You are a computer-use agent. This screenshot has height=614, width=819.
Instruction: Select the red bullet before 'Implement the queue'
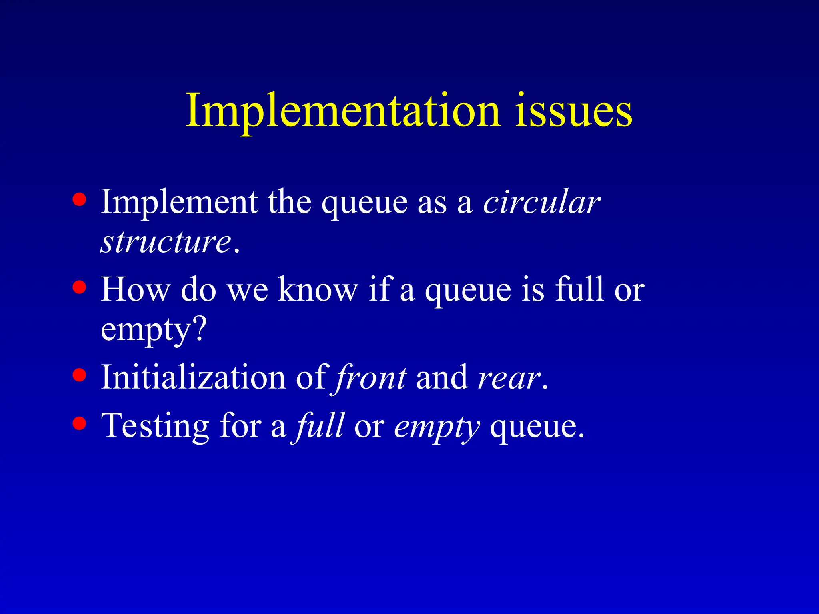[x=80, y=199]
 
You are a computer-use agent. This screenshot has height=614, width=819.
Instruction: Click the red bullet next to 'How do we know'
[x=80, y=287]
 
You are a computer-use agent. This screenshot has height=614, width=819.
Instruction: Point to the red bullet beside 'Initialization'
[x=80, y=375]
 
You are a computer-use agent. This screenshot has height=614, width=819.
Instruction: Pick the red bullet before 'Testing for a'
[x=80, y=423]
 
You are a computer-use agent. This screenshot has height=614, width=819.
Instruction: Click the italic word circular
[x=541, y=202]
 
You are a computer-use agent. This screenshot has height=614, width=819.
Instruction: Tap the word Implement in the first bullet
[x=179, y=202]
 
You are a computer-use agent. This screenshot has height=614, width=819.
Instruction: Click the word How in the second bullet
[x=135, y=289]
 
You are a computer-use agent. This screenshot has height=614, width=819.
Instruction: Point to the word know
[x=318, y=289]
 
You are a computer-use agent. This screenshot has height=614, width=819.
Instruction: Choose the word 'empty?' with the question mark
[x=154, y=330]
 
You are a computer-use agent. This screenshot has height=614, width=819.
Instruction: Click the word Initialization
[x=193, y=377]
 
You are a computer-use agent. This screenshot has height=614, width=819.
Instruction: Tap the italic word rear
[x=509, y=378]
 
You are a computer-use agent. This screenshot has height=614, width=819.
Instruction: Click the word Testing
[x=155, y=426]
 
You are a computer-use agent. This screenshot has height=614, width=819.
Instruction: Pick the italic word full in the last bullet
[x=319, y=426]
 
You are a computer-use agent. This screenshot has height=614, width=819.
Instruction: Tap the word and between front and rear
[x=441, y=377]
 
